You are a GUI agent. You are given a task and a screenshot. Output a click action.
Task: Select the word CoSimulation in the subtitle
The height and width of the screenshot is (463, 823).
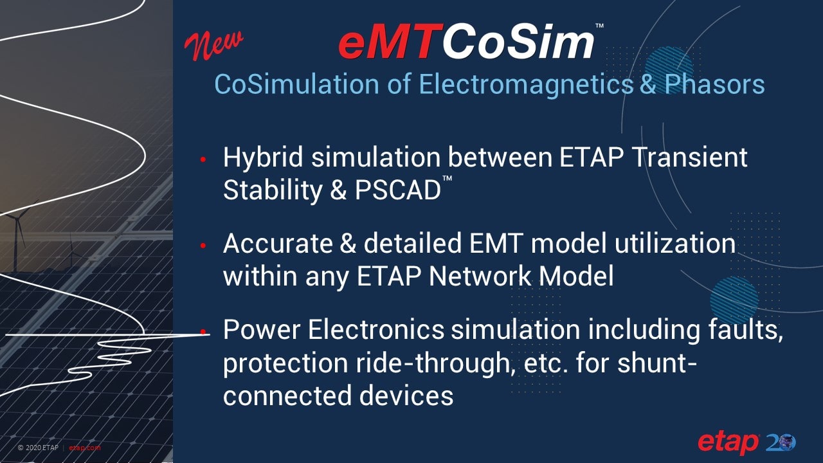[x=305, y=84]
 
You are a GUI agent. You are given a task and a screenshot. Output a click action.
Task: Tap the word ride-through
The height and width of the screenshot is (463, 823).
[x=392, y=363]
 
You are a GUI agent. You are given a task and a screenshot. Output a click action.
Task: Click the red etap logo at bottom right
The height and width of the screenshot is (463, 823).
[x=728, y=443]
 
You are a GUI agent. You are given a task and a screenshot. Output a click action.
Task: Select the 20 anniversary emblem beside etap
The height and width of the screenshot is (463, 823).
[x=781, y=442]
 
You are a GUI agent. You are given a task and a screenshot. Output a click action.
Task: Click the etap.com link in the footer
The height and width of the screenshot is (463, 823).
[x=85, y=448]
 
